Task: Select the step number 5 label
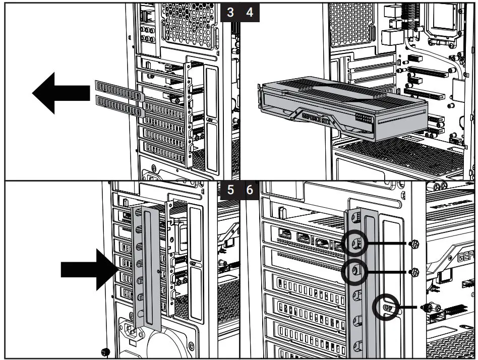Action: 230,192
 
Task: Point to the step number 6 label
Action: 250,192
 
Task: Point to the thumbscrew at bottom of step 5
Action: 105,351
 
